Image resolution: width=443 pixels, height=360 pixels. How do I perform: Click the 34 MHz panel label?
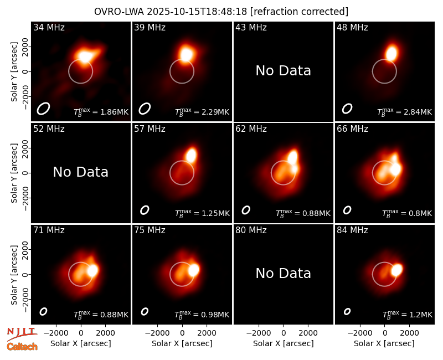pos(49,27)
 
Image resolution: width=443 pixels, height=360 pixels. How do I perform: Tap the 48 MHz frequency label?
pos(352,27)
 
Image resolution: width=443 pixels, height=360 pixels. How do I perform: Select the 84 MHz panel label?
pos(352,230)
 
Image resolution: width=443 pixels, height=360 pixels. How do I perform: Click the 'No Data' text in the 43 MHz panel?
pos(284,71)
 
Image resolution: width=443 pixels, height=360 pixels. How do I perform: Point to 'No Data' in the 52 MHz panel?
pos(81,172)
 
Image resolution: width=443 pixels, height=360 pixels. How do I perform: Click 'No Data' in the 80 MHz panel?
pos(284,273)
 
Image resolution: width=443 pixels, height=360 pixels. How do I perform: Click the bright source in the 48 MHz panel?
pos(392,53)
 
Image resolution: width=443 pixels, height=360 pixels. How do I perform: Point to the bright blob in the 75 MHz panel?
pos(193,270)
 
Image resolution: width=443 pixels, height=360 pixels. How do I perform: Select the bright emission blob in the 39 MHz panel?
pos(186,54)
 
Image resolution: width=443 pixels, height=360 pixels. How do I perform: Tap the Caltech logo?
pos(22,347)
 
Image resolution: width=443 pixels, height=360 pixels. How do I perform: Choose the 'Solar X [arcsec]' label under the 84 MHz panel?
pos(384,343)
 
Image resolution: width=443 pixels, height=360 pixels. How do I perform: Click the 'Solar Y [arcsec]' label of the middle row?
pos(14,173)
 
